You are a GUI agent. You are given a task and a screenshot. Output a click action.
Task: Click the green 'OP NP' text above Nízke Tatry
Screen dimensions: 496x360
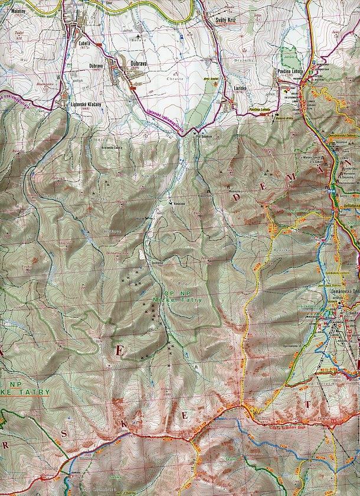click(171, 293)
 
